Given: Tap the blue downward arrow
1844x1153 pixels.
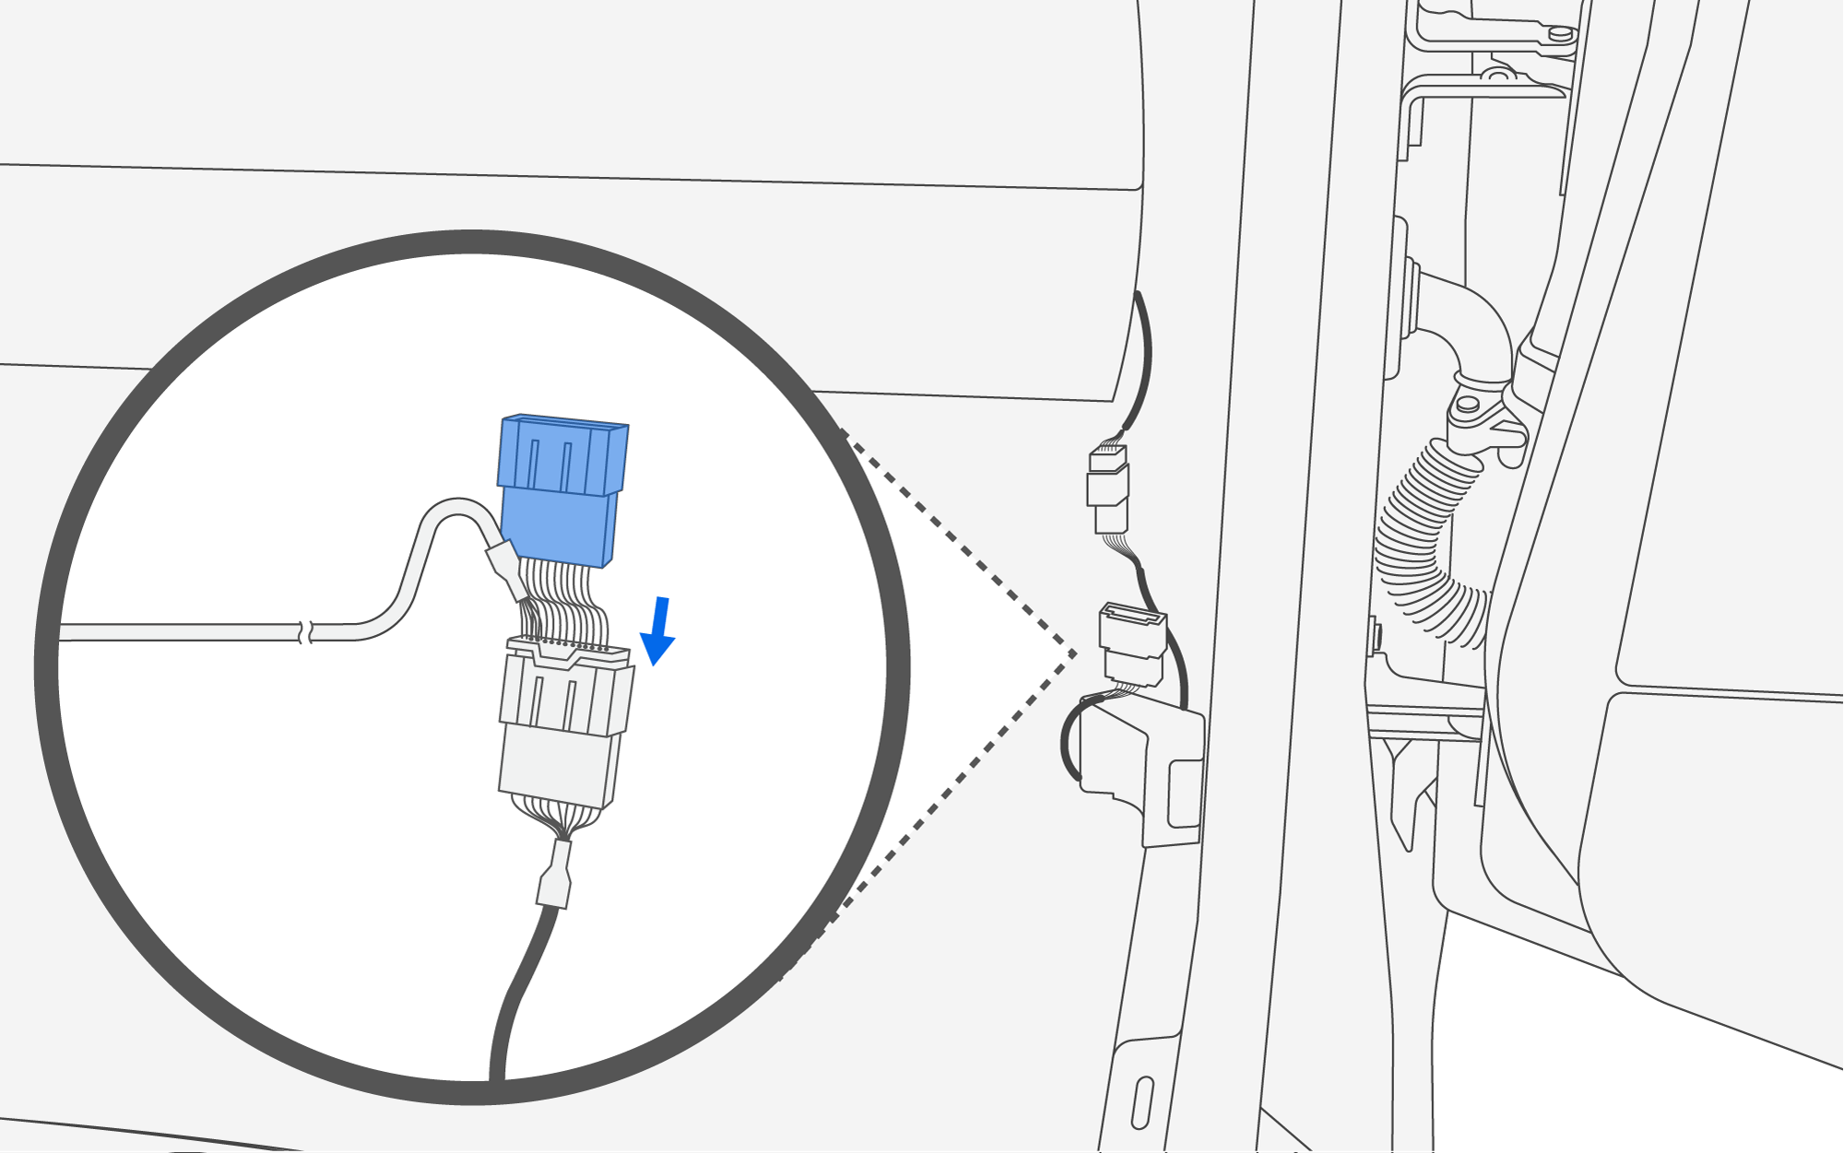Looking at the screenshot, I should point(658,632).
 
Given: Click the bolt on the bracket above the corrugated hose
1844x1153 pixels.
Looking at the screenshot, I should point(1467,404).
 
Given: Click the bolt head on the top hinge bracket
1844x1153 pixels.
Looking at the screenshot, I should point(1560,33).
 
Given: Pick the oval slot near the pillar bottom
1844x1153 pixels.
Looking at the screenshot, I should point(1142,1101).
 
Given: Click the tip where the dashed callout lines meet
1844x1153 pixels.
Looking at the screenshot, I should point(1075,654).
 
